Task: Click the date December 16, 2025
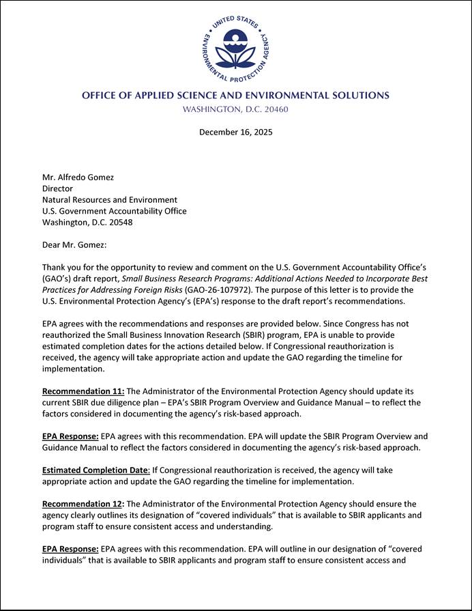tap(235, 132)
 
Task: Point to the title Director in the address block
tap(57, 188)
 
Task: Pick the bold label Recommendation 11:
tap(83, 391)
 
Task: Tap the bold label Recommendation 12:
tap(83, 503)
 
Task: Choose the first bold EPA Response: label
tap(70, 436)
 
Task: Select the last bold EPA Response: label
tap(70, 548)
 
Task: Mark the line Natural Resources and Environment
tap(110, 200)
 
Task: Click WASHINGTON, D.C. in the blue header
tap(220, 109)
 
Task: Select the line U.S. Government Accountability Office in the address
tap(114, 211)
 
